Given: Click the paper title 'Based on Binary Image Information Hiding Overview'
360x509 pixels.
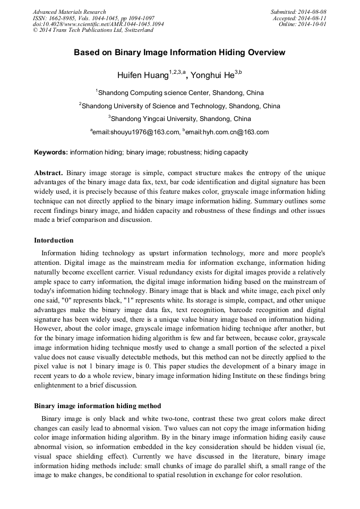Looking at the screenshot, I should (179, 53).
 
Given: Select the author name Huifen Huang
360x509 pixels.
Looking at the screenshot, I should (149, 75).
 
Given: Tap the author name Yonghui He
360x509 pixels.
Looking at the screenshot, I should (215, 75).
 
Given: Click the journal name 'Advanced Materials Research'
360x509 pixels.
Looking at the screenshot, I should (69, 12).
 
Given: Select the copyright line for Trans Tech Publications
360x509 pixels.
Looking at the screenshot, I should (93, 30).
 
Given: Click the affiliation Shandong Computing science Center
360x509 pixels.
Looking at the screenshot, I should (179, 93).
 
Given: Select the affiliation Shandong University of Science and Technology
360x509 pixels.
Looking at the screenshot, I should (179, 106).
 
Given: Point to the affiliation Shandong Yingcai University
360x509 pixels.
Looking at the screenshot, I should (179, 119).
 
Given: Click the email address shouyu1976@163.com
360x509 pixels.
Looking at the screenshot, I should (135, 132).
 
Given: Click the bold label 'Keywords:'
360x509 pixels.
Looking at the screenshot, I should (51, 152).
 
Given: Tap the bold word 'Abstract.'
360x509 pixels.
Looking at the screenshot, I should (49, 173).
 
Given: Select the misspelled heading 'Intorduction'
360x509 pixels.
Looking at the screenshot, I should (54, 240).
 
